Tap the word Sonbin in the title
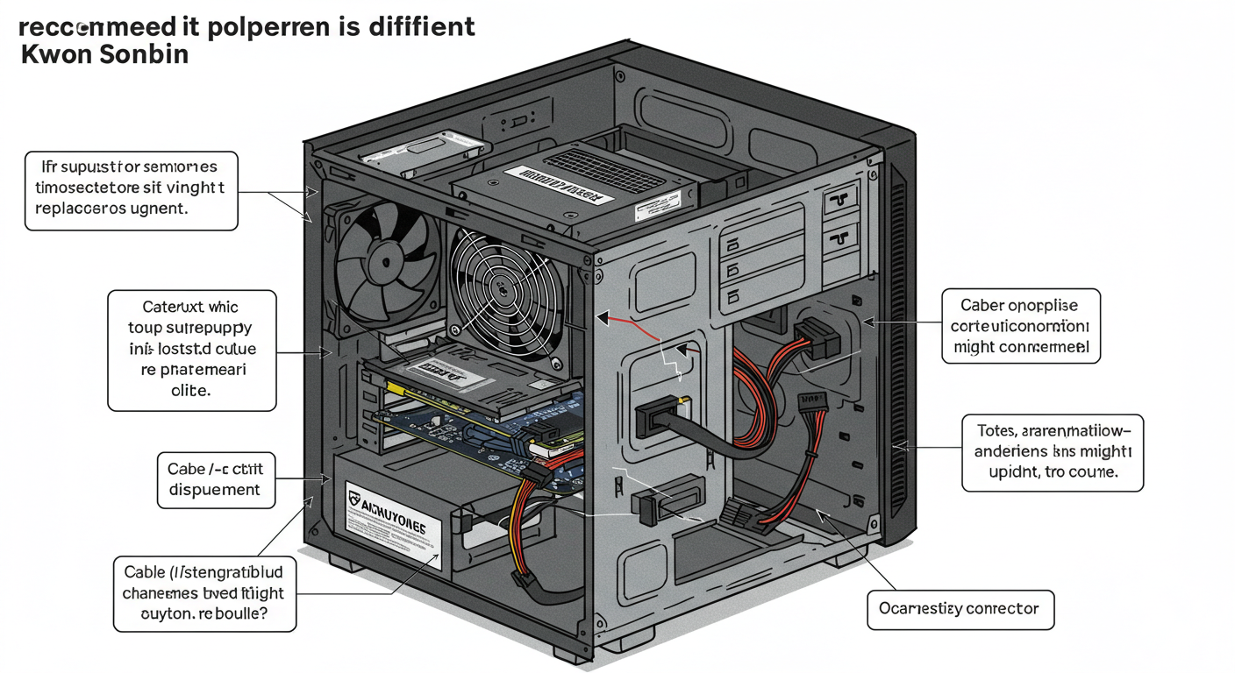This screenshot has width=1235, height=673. [145, 53]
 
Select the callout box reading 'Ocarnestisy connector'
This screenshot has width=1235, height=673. [960, 609]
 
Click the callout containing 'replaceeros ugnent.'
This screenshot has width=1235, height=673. [131, 188]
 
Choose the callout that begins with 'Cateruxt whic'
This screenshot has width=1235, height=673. [191, 350]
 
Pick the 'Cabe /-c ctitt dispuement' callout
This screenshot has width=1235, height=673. [215, 480]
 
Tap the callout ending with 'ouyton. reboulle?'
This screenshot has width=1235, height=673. [204, 593]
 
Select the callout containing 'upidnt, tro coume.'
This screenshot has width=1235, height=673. [1052, 452]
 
